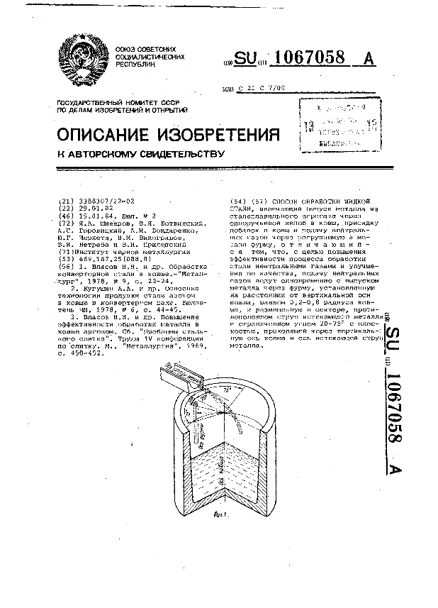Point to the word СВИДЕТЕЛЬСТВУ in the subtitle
tap(169, 153)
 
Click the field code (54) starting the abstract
tap(239, 201)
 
